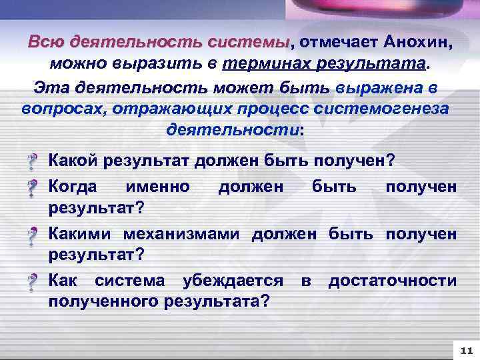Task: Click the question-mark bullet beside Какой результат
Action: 32,161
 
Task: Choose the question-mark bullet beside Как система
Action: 32,283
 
